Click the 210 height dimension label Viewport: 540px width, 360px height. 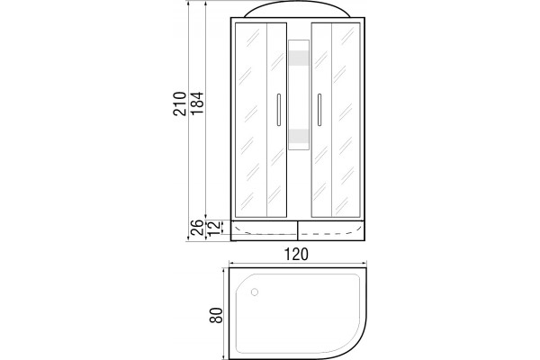179,103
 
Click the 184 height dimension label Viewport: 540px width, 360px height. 197,103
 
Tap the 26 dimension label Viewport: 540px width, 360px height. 197,228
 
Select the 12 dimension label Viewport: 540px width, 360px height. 214,228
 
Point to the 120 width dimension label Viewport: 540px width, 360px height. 296,255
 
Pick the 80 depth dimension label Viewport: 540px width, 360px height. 216,315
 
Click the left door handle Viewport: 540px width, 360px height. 279,109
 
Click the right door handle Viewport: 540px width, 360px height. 319,109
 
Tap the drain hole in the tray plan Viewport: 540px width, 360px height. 255,292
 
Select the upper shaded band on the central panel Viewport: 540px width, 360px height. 299,58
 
